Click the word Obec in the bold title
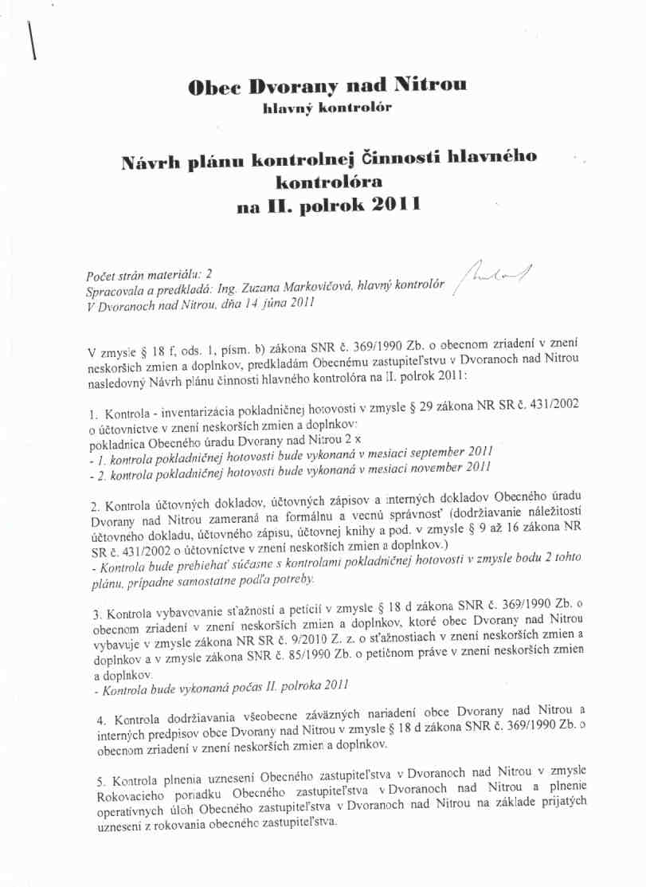click(212, 86)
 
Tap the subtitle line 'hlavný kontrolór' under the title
click(327, 108)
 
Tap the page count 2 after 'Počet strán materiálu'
click(208, 275)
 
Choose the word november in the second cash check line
click(437, 468)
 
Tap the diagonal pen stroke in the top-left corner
click(33, 40)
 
